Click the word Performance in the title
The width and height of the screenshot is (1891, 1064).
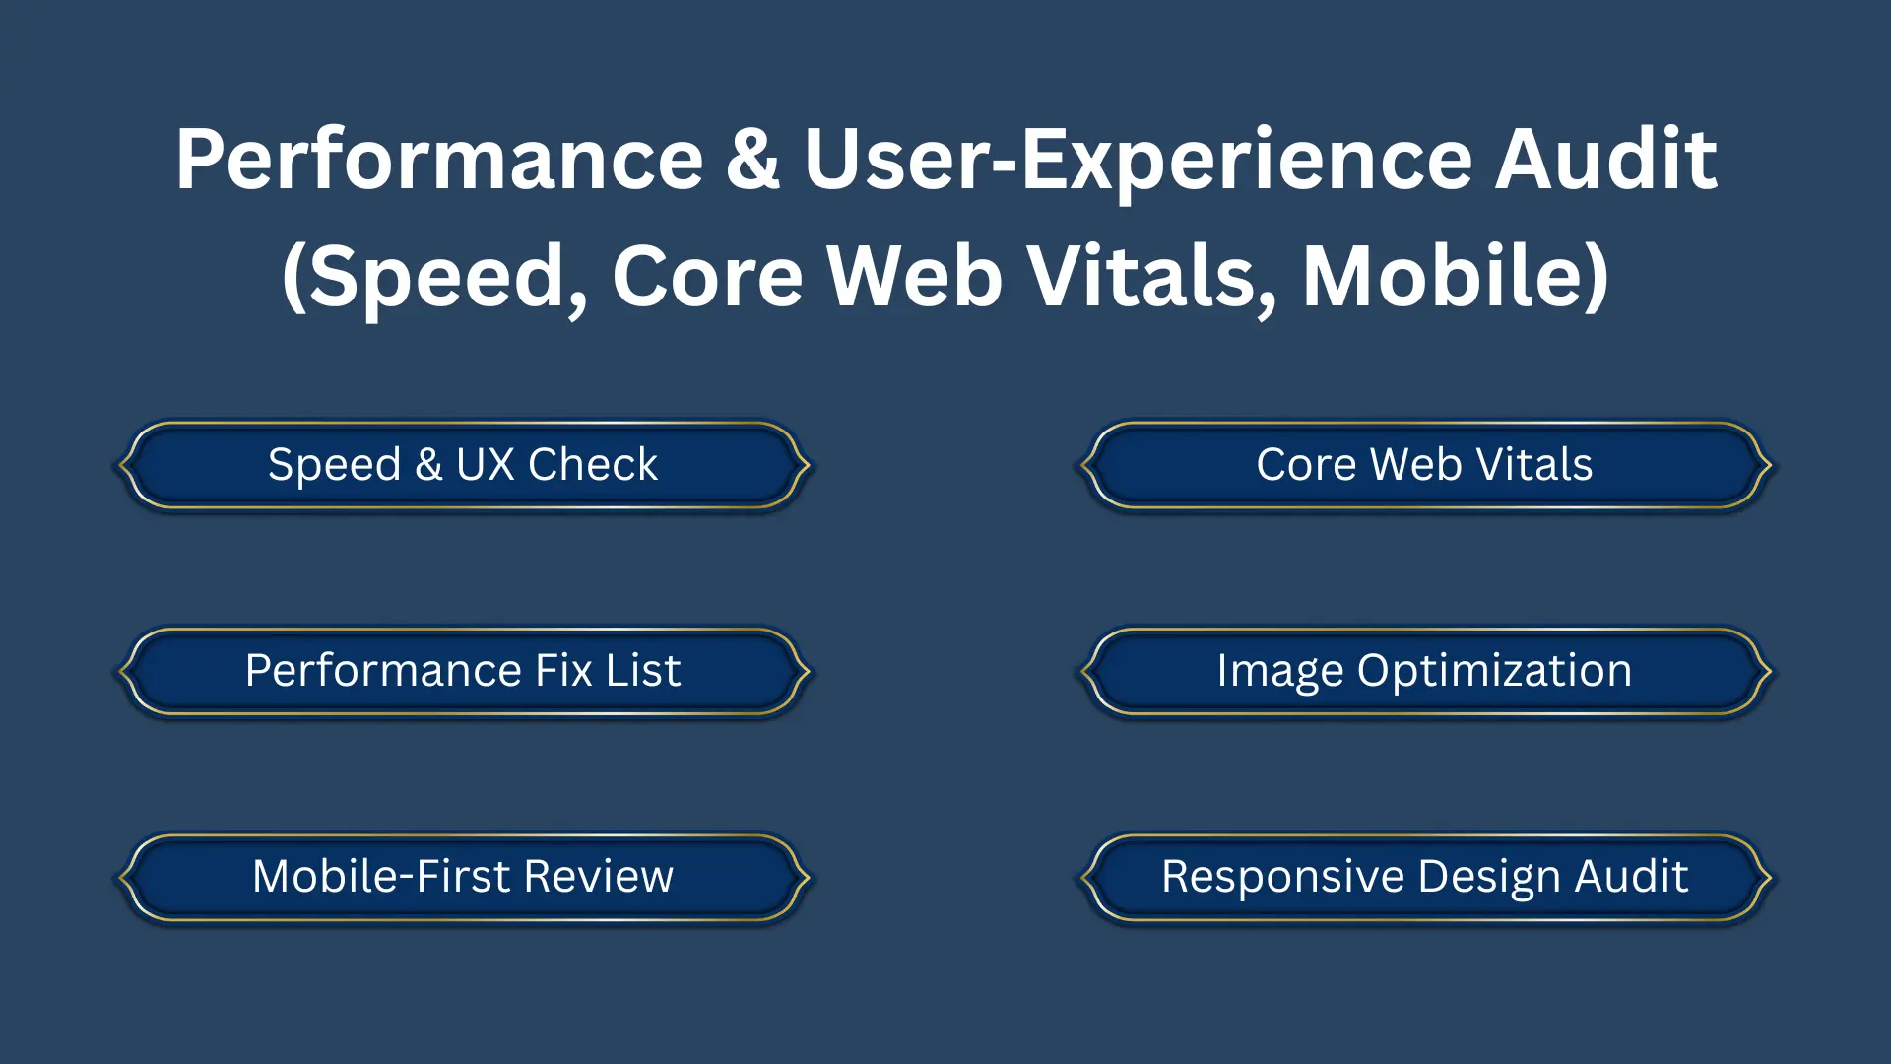tap(439, 160)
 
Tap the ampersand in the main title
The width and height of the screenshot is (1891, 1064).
tap(753, 160)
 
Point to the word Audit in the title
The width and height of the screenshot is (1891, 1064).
tap(1606, 160)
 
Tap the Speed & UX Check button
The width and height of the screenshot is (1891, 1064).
tap(463, 465)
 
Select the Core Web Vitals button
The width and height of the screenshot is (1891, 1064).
tap(1424, 465)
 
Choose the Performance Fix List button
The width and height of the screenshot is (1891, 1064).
tap(463, 671)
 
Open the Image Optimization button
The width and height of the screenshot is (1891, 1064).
tap(1424, 671)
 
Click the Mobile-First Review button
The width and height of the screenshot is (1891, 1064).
tap(463, 877)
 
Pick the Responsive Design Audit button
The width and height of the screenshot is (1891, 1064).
tap(1424, 877)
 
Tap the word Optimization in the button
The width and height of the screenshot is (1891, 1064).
tap(1494, 671)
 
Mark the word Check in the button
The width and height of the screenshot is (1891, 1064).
tap(592, 465)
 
